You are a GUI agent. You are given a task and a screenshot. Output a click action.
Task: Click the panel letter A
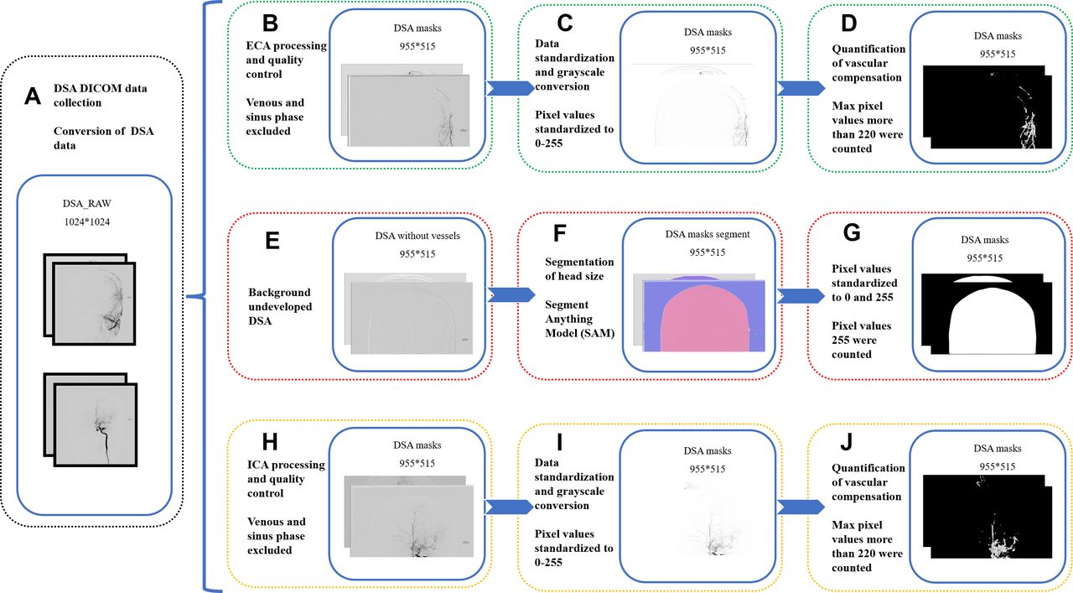point(33,96)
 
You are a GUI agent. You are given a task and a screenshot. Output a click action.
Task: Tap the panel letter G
point(852,232)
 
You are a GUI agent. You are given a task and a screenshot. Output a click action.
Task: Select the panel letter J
point(847,443)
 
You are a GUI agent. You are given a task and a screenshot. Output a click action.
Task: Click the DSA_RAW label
point(86,203)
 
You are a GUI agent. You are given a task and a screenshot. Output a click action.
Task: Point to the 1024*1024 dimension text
point(86,221)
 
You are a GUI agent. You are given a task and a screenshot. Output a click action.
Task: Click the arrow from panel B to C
point(511,88)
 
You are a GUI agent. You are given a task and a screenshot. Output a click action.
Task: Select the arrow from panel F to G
point(801,295)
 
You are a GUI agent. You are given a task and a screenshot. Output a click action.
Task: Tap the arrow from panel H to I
point(509,507)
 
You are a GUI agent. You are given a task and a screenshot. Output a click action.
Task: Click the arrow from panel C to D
point(801,88)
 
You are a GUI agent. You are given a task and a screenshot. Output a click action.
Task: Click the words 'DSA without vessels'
point(417,236)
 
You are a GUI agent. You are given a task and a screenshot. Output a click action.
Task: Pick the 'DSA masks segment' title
point(708,234)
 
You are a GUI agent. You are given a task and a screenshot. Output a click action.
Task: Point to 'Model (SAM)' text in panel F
point(579,333)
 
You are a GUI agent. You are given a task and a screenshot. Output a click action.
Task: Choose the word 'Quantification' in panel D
point(868,49)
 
